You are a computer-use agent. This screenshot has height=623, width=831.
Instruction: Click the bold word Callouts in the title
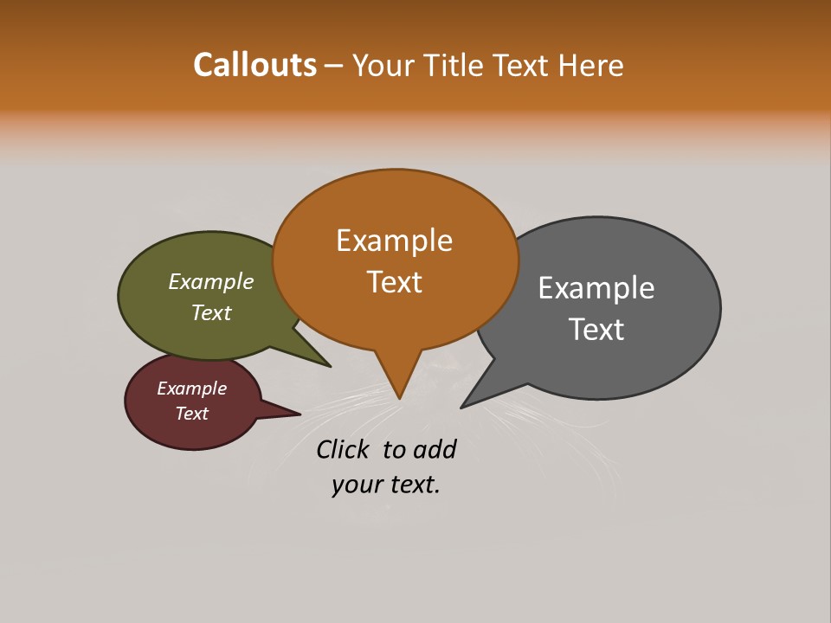click(254, 65)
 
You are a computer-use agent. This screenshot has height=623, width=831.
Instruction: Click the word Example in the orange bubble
click(395, 241)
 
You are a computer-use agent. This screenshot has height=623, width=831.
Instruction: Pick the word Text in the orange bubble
click(395, 282)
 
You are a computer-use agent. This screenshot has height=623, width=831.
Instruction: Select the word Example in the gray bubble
click(596, 287)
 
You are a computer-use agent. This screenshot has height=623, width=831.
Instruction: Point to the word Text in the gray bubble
click(597, 329)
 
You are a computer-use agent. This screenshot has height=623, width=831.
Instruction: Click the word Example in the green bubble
click(211, 281)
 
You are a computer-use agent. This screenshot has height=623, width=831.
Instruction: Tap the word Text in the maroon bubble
click(192, 414)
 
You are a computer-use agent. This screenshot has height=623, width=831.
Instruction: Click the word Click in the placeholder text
click(342, 449)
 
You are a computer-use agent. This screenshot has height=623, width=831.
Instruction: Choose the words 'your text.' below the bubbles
click(386, 485)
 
